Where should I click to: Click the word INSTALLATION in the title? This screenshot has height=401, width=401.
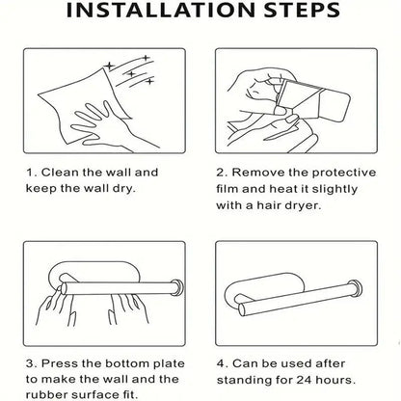pyautogui.click(x=160, y=10)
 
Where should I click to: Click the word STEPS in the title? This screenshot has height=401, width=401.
pyautogui.click(x=302, y=10)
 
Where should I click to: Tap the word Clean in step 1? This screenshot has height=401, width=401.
pyautogui.click(x=60, y=173)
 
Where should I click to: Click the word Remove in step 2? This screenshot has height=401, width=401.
pyautogui.click(x=258, y=173)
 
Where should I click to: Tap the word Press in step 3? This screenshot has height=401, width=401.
pyautogui.click(x=60, y=363)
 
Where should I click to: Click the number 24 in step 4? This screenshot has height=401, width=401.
pyautogui.click(x=304, y=380)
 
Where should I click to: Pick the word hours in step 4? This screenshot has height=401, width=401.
pyautogui.click(x=334, y=380)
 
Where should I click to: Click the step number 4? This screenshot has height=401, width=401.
pyautogui.click(x=221, y=363)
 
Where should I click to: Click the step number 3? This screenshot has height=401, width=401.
pyautogui.click(x=30, y=363)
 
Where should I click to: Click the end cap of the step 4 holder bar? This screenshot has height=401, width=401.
pyautogui.click(x=355, y=287)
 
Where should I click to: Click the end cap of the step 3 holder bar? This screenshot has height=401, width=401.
pyautogui.click(x=176, y=287)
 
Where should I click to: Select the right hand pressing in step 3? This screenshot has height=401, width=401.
pyautogui.click(x=129, y=309)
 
